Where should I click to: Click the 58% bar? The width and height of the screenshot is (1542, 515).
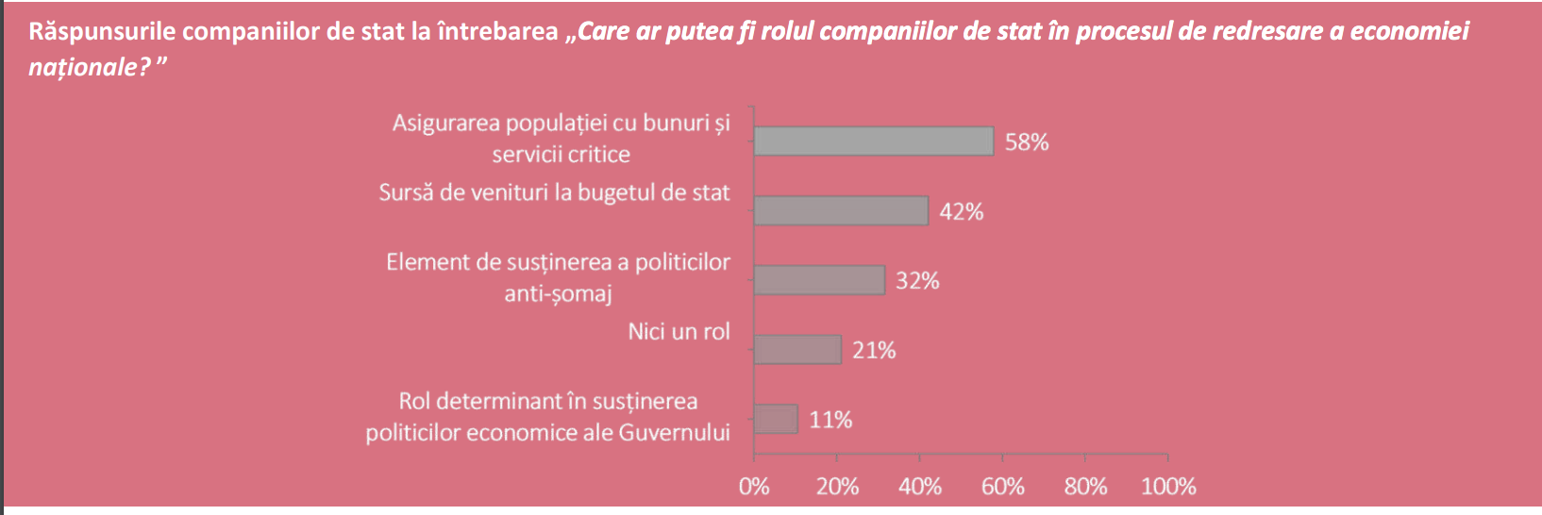pyautogui.click(x=873, y=141)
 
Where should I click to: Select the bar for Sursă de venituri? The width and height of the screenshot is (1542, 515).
pyautogui.click(x=841, y=211)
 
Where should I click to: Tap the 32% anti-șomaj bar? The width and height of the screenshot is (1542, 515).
pyautogui.click(x=819, y=280)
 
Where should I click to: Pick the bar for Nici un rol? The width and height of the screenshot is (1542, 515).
pyautogui.click(x=797, y=350)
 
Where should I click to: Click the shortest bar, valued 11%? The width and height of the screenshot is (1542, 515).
pyautogui.click(x=776, y=419)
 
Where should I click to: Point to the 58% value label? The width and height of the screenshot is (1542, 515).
pyautogui.click(x=1027, y=142)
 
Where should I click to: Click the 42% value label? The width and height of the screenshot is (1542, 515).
pyautogui.click(x=961, y=212)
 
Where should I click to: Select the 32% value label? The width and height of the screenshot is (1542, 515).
pyautogui.click(x=917, y=281)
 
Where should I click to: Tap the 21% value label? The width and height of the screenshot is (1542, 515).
pyautogui.click(x=874, y=351)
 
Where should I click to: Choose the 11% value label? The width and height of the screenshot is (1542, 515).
pyautogui.click(x=830, y=420)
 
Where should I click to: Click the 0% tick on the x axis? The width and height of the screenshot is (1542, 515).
pyautogui.click(x=754, y=487)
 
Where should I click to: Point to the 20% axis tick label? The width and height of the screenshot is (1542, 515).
pyautogui.click(x=837, y=487)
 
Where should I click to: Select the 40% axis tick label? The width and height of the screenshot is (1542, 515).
pyautogui.click(x=920, y=487)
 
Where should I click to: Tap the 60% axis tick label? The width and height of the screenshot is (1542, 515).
pyautogui.click(x=1002, y=487)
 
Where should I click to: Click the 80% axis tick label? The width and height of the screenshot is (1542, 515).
pyautogui.click(x=1085, y=487)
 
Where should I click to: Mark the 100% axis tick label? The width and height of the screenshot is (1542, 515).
pyautogui.click(x=1168, y=487)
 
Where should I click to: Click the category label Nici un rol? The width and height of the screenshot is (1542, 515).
pyautogui.click(x=679, y=332)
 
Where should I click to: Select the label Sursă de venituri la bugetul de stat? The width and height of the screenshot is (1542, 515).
pyautogui.click(x=554, y=193)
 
